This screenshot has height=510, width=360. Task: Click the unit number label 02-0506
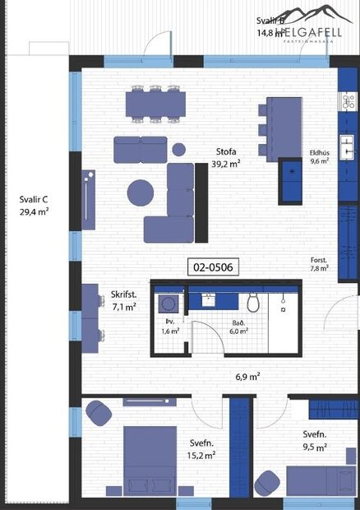coord(211,267)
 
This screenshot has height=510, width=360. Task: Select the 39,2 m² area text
coord(226,164)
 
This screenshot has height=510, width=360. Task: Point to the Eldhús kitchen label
coord(319,152)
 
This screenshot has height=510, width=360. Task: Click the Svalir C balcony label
coord(34,199)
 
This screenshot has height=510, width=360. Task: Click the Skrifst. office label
coord(123,294)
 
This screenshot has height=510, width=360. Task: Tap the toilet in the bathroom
coord(253,303)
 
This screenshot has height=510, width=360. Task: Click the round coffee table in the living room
coord(141,192)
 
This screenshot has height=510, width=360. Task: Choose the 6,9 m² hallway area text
coord(247,377)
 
